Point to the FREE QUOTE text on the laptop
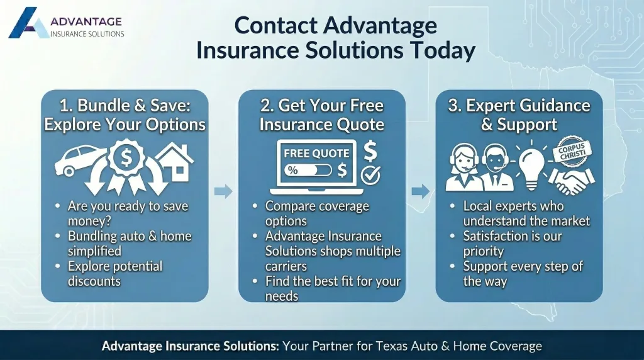pos(316,154)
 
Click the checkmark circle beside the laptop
pos(370,176)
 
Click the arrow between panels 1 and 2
pos(223,191)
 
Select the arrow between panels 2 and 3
pos(421,191)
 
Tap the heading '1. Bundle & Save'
pos(125,105)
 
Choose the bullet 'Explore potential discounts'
pos(114,274)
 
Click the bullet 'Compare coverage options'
pos(316,213)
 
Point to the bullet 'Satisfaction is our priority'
pos(512,244)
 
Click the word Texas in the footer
pos(394,346)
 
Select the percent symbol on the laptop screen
pos(292,170)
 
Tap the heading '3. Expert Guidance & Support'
pos(519,115)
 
